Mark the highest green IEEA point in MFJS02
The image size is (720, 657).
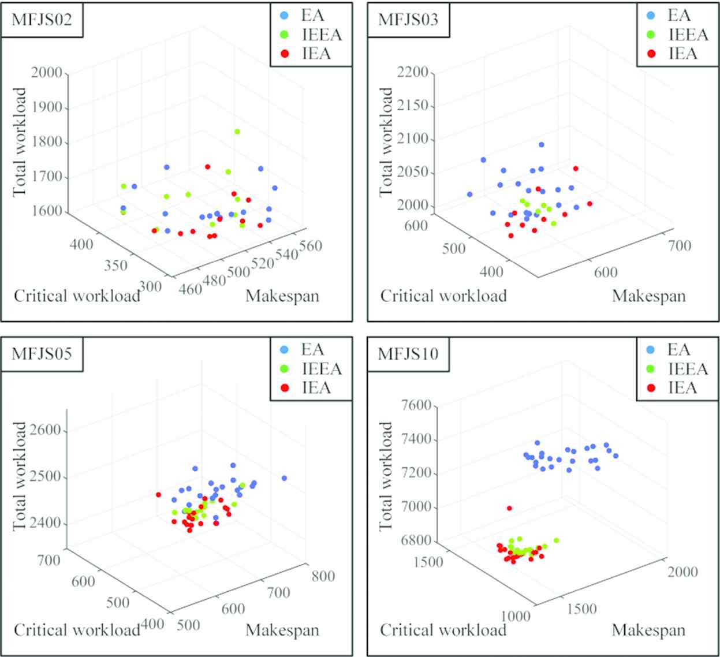tap(237, 132)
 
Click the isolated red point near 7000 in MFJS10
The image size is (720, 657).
tap(509, 508)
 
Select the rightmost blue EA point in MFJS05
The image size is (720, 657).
tap(284, 478)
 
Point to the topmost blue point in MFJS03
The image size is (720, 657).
tap(542, 145)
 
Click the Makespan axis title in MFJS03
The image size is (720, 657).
tap(648, 296)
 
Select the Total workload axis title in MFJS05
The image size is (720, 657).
tap(21, 476)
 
